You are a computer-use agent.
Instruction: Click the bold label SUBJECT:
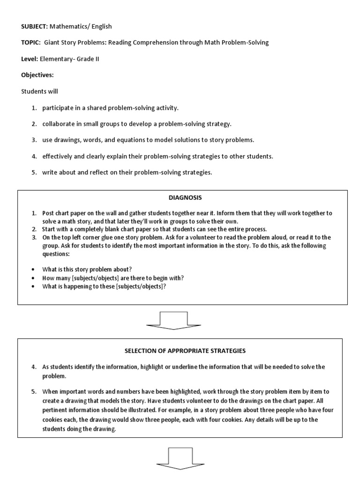37,27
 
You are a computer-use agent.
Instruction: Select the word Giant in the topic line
53,43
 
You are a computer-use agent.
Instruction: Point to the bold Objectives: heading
38,75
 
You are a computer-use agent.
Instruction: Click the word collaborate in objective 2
59,124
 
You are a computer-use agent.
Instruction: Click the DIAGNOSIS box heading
182,198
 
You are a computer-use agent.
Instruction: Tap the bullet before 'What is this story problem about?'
33,269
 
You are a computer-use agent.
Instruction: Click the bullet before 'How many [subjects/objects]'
33,277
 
